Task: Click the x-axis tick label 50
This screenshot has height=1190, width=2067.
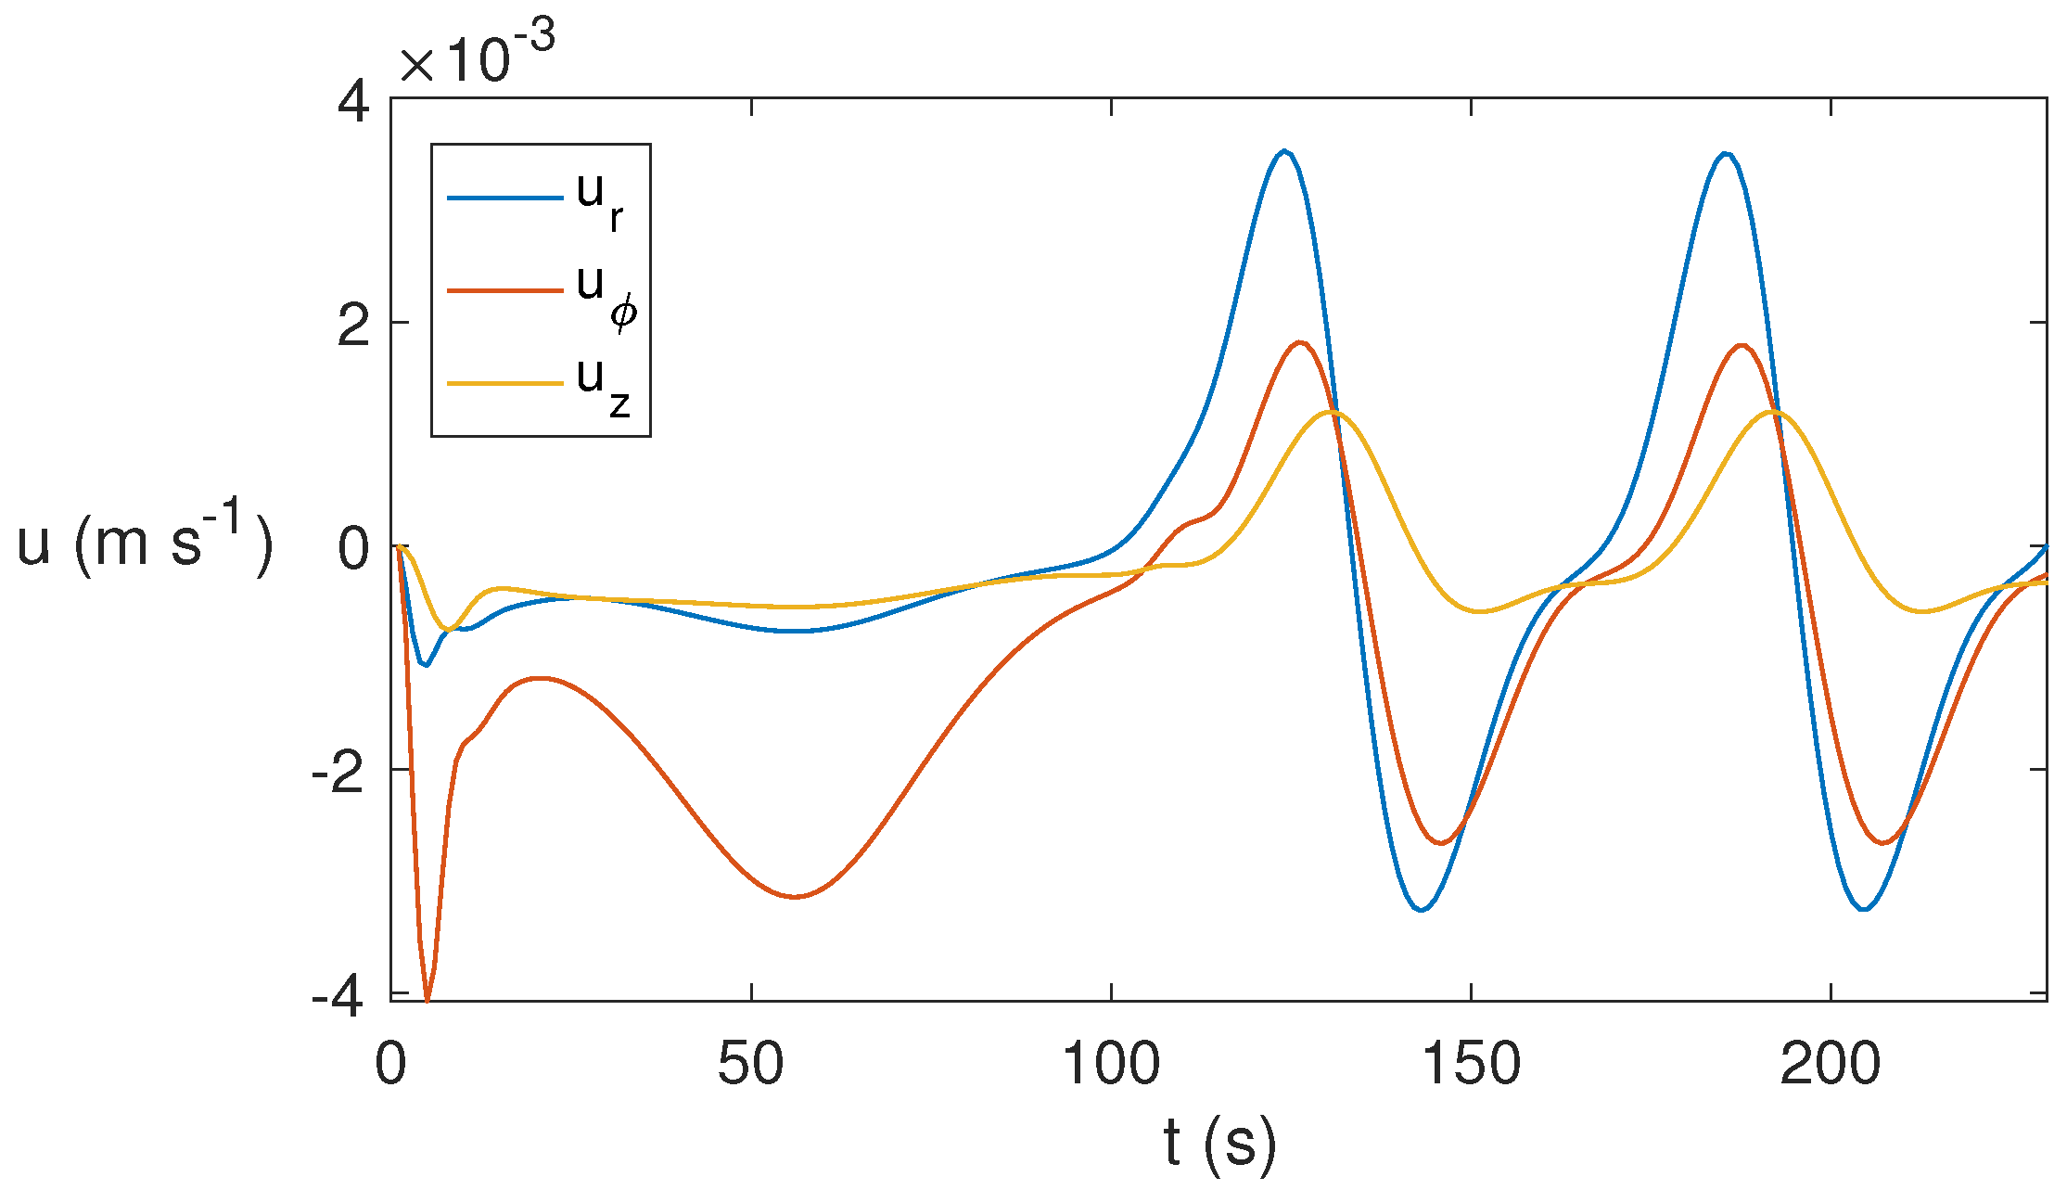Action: point(750,1064)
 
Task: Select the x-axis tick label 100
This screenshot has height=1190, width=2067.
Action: point(1110,1064)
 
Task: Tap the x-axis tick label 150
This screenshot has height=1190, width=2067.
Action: point(1471,1064)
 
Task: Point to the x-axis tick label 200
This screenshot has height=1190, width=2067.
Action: point(1831,1064)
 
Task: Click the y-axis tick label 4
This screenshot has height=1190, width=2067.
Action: point(353,103)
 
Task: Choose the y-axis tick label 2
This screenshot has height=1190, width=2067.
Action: point(353,326)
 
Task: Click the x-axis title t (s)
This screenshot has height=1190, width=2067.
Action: point(1219,1143)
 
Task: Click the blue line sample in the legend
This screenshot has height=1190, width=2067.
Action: point(504,198)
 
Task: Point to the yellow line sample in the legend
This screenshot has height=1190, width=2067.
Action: point(504,383)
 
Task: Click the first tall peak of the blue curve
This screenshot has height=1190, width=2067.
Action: point(1284,150)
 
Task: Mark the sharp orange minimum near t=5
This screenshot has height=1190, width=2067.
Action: point(427,1000)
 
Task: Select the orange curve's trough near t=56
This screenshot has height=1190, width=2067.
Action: point(796,897)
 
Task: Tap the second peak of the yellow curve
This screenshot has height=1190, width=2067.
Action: point(1773,411)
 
